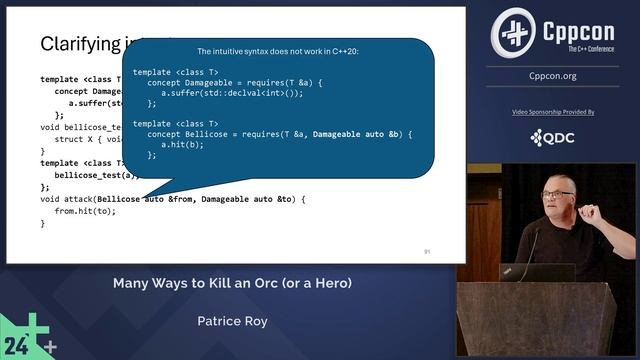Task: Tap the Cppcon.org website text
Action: (x=553, y=76)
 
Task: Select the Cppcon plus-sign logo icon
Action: (x=513, y=33)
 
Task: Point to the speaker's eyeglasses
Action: (x=556, y=193)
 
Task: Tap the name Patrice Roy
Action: (x=231, y=323)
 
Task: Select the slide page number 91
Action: (x=427, y=251)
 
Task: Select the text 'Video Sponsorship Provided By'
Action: (x=553, y=112)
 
